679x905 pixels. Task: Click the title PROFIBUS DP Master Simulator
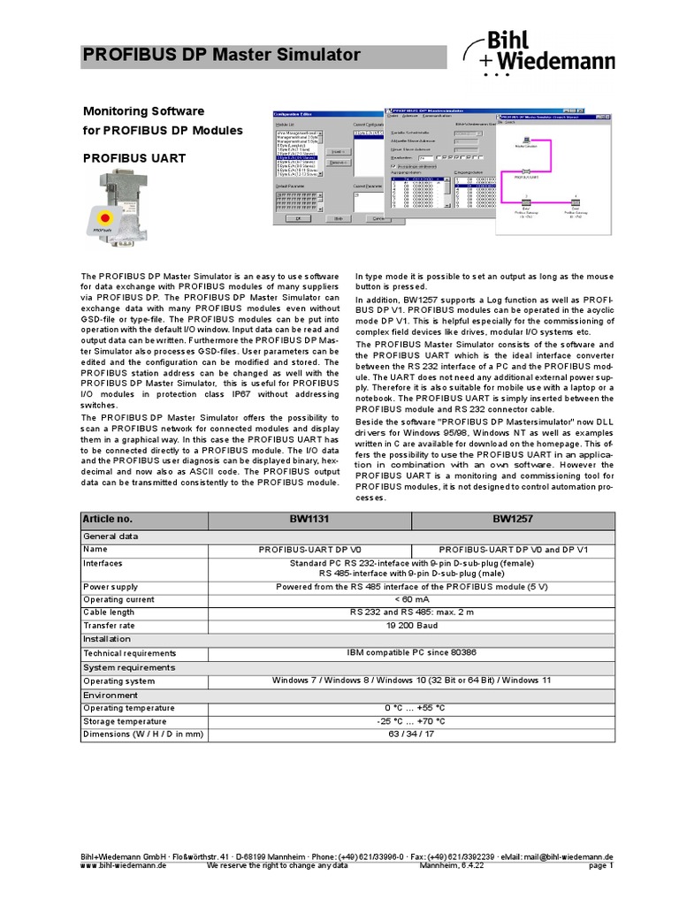[221, 56]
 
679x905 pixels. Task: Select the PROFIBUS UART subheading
[134, 159]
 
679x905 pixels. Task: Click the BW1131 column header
[309, 519]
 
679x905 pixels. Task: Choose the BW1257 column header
[513, 519]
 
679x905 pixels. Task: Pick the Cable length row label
[109, 612]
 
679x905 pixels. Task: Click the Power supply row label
[111, 587]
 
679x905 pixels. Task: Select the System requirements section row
[129, 667]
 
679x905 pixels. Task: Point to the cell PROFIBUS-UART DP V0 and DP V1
[513, 549]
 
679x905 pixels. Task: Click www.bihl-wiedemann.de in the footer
[124, 865]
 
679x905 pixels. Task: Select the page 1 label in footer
[600, 865]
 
